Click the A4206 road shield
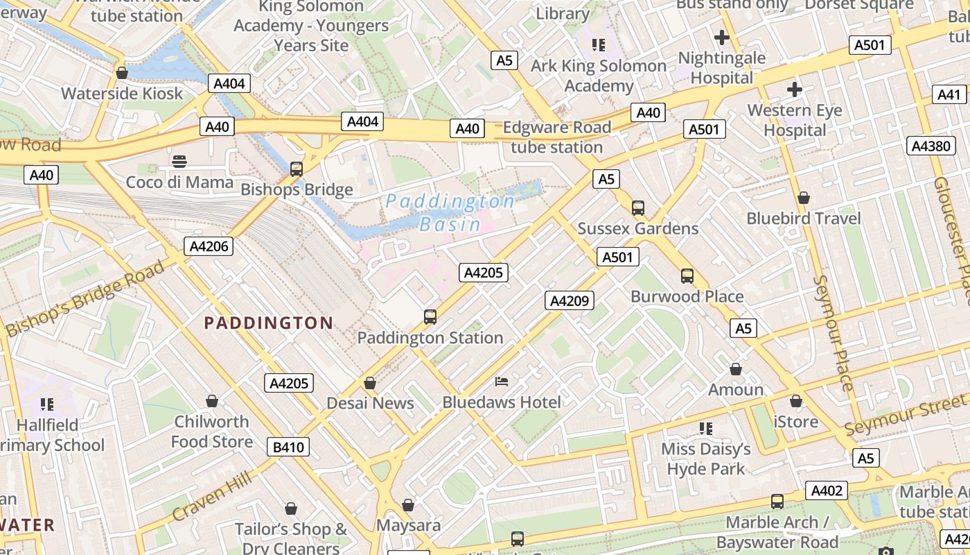(209, 246)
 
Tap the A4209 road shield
(570, 300)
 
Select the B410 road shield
(288, 447)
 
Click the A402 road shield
(826, 490)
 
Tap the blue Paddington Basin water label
(450, 212)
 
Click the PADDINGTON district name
(269, 323)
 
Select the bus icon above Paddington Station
(430, 317)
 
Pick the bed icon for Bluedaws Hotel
(502, 382)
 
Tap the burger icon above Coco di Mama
(179, 162)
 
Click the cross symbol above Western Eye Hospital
(794, 89)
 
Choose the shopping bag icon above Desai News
(370, 383)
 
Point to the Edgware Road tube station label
(557, 137)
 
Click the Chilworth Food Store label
(211, 432)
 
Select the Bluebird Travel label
(803, 219)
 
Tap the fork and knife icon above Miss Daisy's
(706, 429)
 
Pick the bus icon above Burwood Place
(687, 276)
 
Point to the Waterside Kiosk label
(122, 94)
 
